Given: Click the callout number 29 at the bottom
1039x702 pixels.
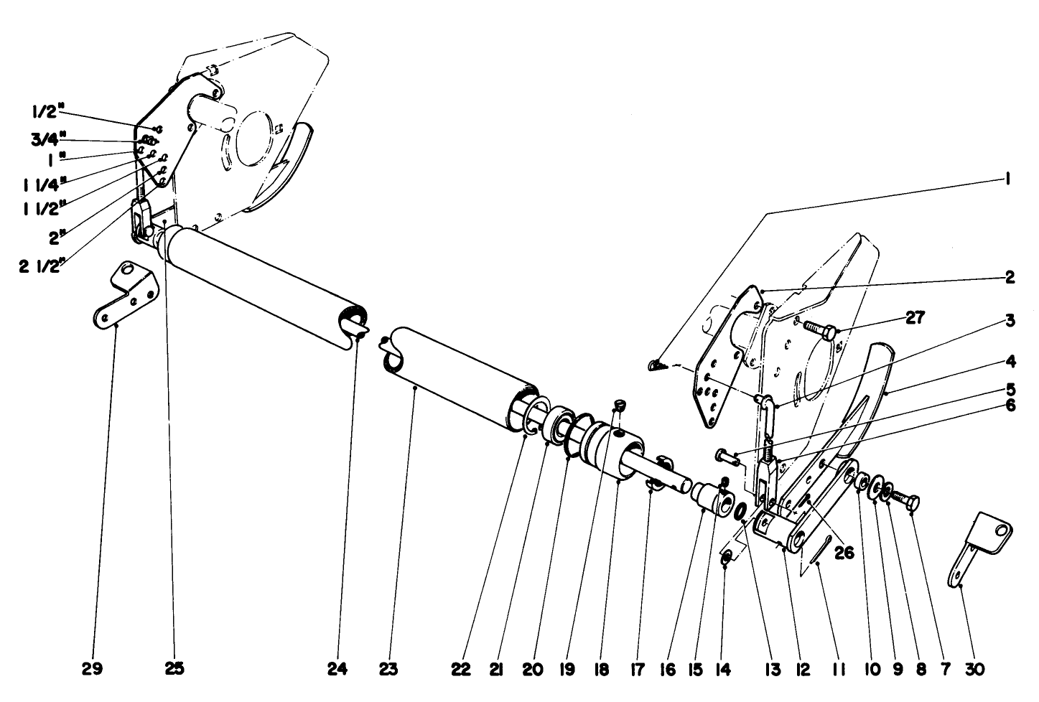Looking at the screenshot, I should [92, 669].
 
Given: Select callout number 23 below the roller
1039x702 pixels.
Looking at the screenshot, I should [388, 669].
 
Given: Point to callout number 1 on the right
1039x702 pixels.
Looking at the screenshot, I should [1009, 179].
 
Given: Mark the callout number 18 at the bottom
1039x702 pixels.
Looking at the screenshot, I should [602, 669].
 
